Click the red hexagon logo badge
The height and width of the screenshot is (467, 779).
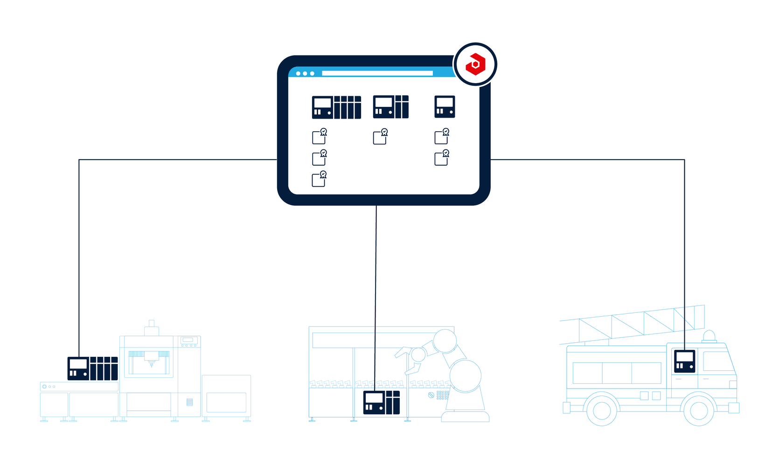475,64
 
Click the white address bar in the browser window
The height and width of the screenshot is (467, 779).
377,73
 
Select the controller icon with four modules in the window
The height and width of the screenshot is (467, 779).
336,107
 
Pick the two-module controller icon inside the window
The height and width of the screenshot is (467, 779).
391,106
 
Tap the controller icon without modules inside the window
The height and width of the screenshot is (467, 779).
445,106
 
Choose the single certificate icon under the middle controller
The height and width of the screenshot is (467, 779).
381,136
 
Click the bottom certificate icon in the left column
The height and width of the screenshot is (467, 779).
320,179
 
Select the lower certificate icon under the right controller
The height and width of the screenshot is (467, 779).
442,158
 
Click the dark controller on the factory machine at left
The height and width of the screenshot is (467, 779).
92,368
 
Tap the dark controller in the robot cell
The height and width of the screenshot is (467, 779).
381,403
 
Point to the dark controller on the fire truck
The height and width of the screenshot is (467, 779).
684,361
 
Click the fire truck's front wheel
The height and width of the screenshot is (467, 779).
698,410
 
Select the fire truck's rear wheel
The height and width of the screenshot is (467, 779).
602,410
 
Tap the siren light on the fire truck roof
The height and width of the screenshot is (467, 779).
709,336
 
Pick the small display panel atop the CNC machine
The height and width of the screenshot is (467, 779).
188,340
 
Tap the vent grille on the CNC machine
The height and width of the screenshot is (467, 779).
189,402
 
